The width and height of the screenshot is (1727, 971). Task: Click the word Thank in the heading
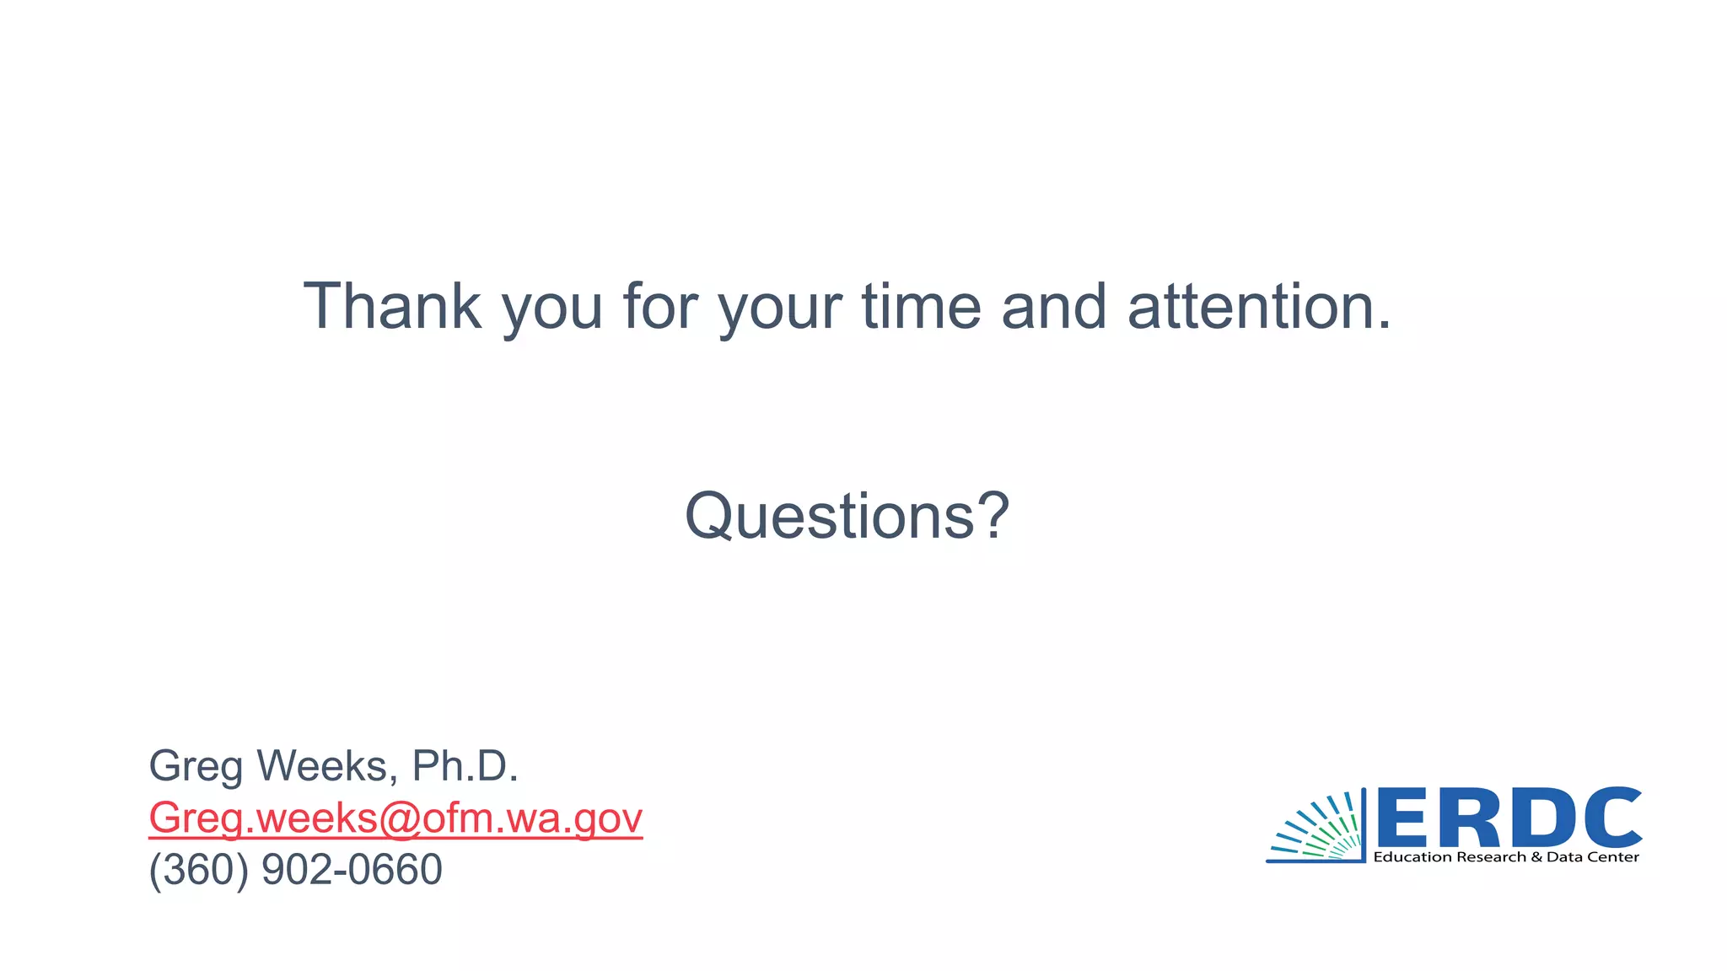click(x=392, y=306)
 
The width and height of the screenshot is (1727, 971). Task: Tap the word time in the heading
click(x=921, y=306)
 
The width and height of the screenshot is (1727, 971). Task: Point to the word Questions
click(x=831, y=516)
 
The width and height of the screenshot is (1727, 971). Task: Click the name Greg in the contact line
click(x=196, y=767)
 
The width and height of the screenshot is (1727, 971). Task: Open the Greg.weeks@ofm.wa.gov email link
click(x=395, y=818)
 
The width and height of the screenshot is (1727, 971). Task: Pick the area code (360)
click(x=199, y=870)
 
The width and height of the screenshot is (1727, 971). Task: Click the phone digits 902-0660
click(x=352, y=870)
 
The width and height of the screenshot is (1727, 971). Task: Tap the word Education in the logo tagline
click(x=1407, y=857)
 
